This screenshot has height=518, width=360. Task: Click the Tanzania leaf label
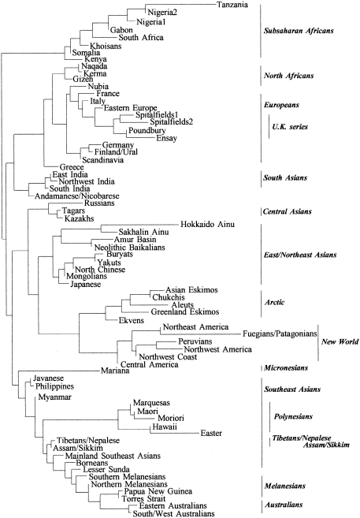(x=232, y=5)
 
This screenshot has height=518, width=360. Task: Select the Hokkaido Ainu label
(x=207, y=225)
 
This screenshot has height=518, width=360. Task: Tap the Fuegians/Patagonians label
(x=280, y=334)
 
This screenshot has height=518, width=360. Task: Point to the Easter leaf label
(x=211, y=433)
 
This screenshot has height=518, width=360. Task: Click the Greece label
(x=72, y=167)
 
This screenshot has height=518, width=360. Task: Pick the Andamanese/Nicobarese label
(x=77, y=196)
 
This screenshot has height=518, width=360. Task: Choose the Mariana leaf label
(x=115, y=371)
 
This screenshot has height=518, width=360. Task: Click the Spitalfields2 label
(x=171, y=122)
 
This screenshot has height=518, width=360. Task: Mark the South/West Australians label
(x=174, y=514)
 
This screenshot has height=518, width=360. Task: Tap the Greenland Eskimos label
(x=185, y=312)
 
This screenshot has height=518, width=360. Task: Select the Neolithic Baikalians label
(x=130, y=248)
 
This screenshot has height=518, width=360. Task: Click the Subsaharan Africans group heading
(x=299, y=31)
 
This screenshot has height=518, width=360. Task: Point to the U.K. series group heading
(x=290, y=127)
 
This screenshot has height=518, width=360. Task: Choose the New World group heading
(x=340, y=341)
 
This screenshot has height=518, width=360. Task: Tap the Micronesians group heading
(x=286, y=368)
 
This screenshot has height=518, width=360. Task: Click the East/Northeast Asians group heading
(x=300, y=255)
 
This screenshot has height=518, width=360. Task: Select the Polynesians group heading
(x=293, y=416)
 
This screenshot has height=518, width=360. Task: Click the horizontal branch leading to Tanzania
(x=180, y=4)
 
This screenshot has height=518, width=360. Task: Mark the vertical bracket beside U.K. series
(x=269, y=126)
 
